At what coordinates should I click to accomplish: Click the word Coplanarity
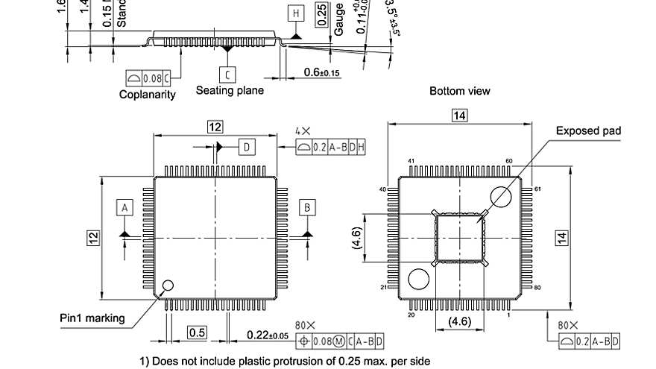click(148, 94)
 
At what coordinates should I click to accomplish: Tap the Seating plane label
click(230, 90)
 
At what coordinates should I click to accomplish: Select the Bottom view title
click(460, 91)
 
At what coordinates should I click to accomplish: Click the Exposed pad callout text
click(588, 131)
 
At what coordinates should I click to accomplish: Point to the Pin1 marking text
click(92, 318)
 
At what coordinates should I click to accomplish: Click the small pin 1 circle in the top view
click(168, 285)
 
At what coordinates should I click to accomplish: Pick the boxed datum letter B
click(306, 206)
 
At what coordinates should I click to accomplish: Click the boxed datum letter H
click(296, 13)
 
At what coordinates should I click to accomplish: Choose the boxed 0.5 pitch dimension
click(197, 332)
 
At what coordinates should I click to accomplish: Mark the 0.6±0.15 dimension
click(322, 72)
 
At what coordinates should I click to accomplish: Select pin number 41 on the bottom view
click(411, 161)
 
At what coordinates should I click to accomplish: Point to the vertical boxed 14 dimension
click(562, 238)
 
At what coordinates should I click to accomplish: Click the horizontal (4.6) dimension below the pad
click(458, 322)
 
